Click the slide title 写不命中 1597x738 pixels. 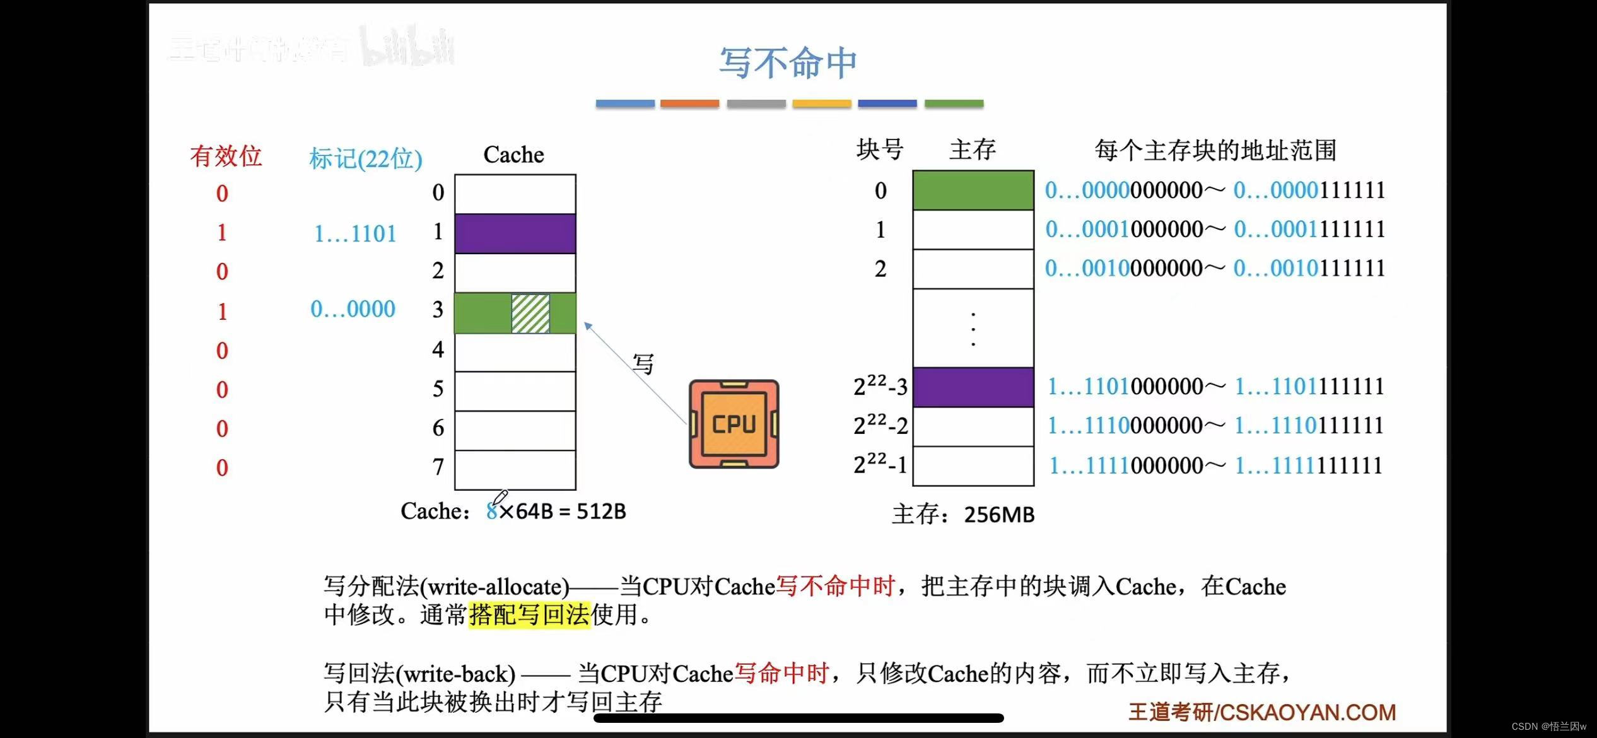(788, 63)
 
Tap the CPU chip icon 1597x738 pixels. (734, 424)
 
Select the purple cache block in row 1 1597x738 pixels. (515, 233)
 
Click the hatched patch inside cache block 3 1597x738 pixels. (530, 313)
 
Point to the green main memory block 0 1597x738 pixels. (973, 190)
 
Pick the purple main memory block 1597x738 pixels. (973, 387)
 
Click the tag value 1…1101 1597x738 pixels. (355, 234)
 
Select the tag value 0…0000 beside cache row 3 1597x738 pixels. (353, 309)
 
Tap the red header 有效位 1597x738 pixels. (226, 156)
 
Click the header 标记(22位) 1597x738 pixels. (365, 158)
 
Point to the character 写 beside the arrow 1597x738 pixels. (643, 364)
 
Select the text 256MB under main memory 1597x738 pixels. (999, 515)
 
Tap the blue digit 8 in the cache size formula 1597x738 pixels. (491, 512)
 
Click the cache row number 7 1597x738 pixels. (438, 467)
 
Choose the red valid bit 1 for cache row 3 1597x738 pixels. (222, 311)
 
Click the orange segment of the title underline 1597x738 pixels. (689, 103)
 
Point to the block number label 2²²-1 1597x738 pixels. (880, 465)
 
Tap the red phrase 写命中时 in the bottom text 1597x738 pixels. (781, 674)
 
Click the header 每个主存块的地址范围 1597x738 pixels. (1215, 150)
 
